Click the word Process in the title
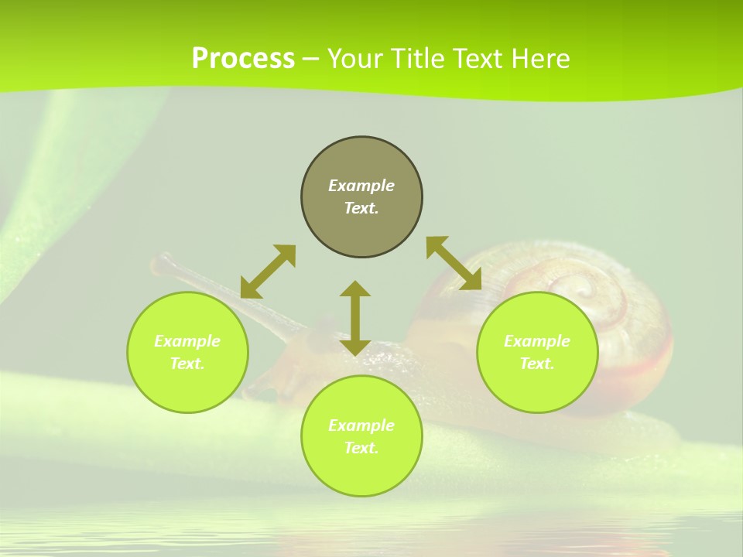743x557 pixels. tap(243, 59)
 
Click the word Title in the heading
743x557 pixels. tap(419, 59)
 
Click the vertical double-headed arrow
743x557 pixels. tap(355, 318)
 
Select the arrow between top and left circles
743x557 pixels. tap(268, 272)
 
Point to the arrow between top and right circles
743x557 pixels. tap(454, 263)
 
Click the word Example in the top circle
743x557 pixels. tap(361, 186)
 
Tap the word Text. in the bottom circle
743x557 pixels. tap(361, 448)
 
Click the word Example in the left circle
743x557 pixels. tap(187, 341)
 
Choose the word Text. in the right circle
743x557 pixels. tap(537, 364)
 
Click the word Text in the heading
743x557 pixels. tap(478, 59)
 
